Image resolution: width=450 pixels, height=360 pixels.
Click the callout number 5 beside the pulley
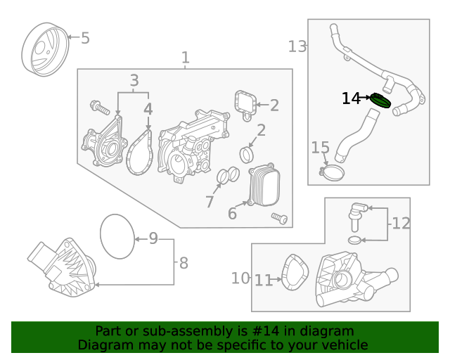(85, 38)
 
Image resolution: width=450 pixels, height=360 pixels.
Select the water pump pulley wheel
(45, 50)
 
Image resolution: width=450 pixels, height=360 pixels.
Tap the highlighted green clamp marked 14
(380, 101)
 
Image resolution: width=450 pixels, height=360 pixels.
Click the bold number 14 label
(351, 98)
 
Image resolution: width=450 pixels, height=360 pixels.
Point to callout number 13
(297, 46)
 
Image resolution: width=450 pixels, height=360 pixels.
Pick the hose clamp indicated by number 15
(332, 172)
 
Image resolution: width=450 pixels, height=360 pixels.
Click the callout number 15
(321, 147)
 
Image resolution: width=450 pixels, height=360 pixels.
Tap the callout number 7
(210, 202)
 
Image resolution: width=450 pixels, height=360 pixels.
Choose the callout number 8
(184, 263)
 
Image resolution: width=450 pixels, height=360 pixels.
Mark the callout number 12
(401, 223)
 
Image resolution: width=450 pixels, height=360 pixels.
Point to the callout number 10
(240, 278)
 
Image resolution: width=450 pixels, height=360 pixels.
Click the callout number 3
(134, 80)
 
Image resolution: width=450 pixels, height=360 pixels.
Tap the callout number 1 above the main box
(186, 58)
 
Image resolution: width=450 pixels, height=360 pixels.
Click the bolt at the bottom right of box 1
(280, 218)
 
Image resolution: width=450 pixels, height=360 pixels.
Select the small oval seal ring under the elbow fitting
(355, 240)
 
